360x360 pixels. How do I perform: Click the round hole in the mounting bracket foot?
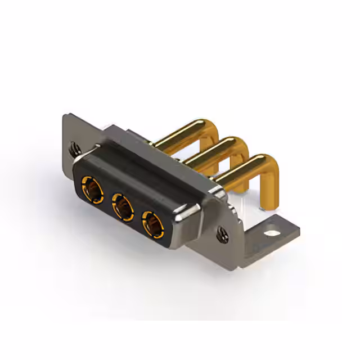[x=273, y=230]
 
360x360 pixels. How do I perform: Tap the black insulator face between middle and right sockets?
[x=137, y=214]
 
